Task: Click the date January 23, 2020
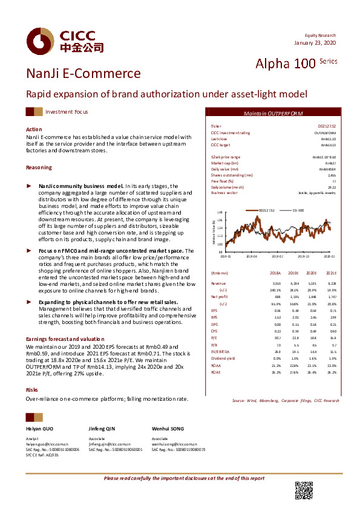click(x=315, y=43)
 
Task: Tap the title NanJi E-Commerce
click(x=83, y=74)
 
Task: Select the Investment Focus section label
click(x=67, y=112)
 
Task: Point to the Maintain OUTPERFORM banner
click(x=273, y=114)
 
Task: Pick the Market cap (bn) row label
click(x=224, y=163)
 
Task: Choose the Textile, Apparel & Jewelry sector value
click(x=318, y=193)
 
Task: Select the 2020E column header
click(x=310, y=273)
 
